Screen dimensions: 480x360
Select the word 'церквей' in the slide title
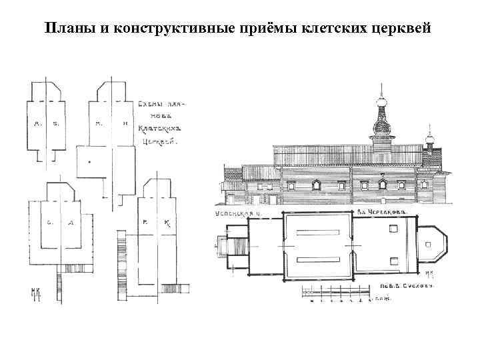tap(403, 29)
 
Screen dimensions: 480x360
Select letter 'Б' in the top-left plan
tap(56, 123)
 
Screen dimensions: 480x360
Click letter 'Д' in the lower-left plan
tap(69, 222)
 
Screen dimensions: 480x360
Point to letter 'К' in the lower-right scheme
tap(167, 223)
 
